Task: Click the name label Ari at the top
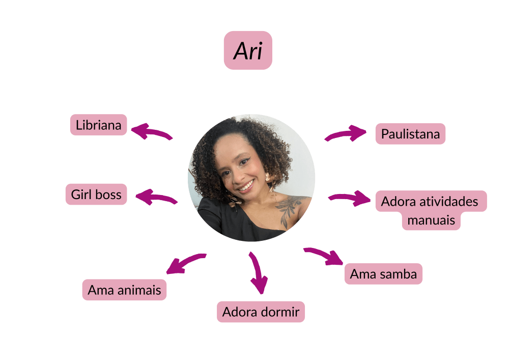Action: click(x=248, y=50)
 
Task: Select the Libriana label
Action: click(x=98, y=125)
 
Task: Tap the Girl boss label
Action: click(x=96, y=195)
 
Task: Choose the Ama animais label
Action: click(x=124, y=290)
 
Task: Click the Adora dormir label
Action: click(x=261, y=312)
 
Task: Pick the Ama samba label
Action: click(x=383, y=274)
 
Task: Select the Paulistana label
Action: click(x=410, y=134)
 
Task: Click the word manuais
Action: click(x=431, y=220)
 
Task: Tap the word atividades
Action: click(x=448, y=201)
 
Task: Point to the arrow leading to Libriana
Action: click(x=151, y=132)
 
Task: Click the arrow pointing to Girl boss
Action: click(x=156, y=197)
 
